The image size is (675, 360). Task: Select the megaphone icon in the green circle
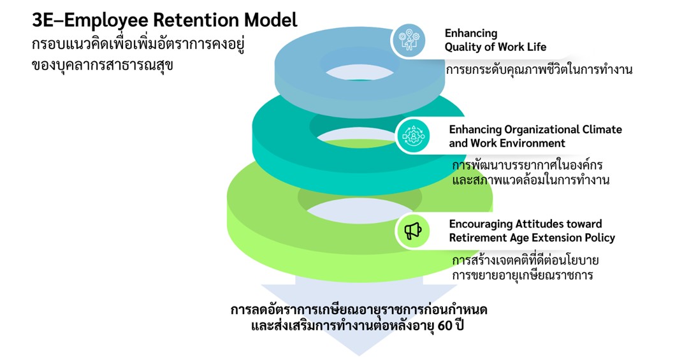(x=413, y=231)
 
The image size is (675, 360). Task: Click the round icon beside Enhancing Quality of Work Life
(x=408, y=40)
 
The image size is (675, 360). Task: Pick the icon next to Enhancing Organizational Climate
(x=413, y=136)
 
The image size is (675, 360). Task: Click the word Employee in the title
(x=108, y=20)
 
